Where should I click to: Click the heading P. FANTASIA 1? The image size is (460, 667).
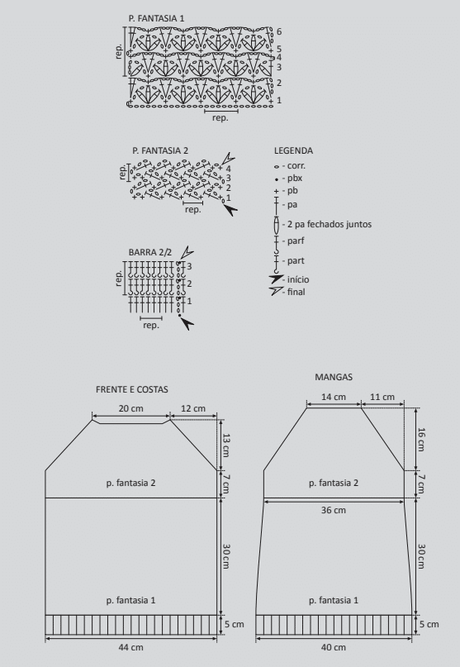click(156, 18)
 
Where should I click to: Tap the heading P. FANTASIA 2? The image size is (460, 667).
click(160, 150)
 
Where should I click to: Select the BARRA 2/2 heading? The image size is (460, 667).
click(150, 252)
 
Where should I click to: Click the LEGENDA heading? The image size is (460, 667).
click(293, 150)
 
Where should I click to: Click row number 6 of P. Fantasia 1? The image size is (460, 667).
click(279, 31)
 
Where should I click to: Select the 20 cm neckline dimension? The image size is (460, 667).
click(131, 408)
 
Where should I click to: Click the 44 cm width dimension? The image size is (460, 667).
click(131, 647)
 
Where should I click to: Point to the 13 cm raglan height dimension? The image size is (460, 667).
click(226, 445)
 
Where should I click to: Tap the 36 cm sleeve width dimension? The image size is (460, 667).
click(334, 510)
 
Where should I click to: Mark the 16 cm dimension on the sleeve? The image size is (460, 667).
click(421, 440)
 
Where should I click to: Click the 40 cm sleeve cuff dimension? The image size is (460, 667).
click(334, 647)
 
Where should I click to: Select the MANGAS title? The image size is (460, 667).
click(334, 377)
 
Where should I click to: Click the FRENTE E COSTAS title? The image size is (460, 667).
click(132, 389)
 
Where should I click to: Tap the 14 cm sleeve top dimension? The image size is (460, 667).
click(334, 397)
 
